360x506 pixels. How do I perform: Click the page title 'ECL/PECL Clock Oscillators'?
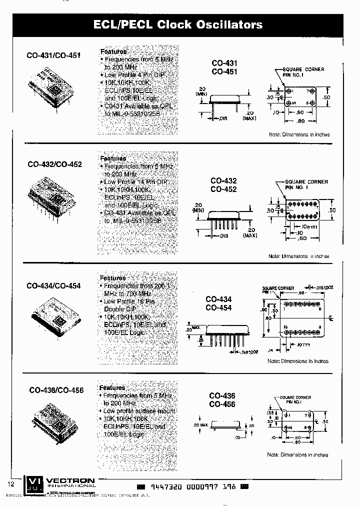point(178,24)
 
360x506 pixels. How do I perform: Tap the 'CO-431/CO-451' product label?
point(53,56)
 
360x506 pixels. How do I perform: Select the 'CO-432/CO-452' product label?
point(54,164)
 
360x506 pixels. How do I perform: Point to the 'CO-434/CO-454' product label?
point(53,286)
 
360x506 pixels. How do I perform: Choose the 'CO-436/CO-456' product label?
point(56,390)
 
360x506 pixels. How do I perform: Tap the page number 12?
point(11,484)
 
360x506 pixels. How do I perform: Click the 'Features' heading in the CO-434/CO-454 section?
point(112,278)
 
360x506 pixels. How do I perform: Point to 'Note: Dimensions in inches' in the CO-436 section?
point(297,455)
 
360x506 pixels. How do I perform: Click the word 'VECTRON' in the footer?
point(70,480)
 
